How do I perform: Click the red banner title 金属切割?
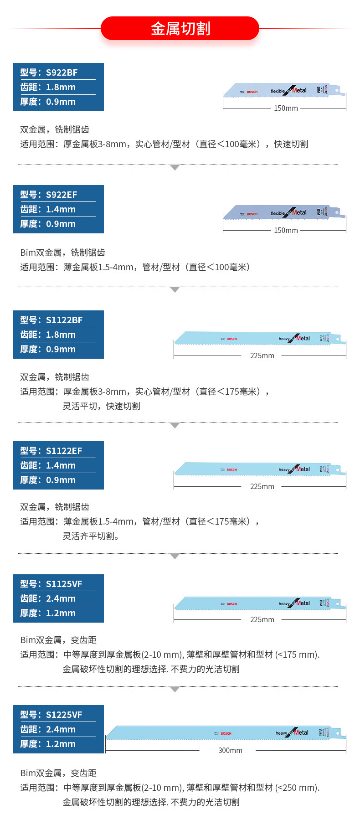point(180,28)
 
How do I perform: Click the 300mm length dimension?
point(230,750)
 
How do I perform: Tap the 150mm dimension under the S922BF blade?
point(286,108)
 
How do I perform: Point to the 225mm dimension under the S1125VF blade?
point(262,619)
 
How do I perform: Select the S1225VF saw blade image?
point(226,733)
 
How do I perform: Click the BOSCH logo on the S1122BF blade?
point(231,339)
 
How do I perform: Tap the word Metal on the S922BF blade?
point(300,90)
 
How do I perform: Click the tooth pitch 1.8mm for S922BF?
point(61,87)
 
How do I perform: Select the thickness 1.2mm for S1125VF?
point(61,613)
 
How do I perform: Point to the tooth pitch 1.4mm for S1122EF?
point(61,465)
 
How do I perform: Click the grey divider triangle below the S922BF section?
point(175,168)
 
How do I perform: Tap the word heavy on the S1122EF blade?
point(284,469)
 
